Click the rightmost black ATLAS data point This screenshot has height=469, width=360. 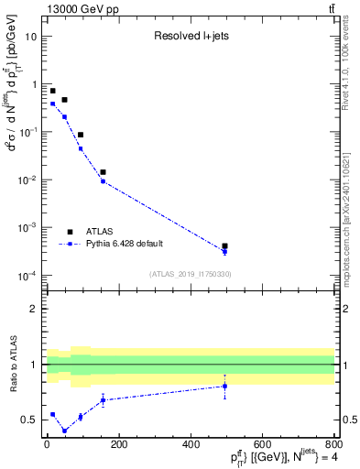(224, 246)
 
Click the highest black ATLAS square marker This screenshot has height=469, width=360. (53, 91)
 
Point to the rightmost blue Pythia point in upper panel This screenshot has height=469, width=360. (224, 252)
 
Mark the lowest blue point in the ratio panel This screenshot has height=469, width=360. (64, 431)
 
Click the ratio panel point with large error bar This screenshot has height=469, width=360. (224, 387)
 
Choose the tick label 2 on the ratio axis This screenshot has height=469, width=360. (34, 309)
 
